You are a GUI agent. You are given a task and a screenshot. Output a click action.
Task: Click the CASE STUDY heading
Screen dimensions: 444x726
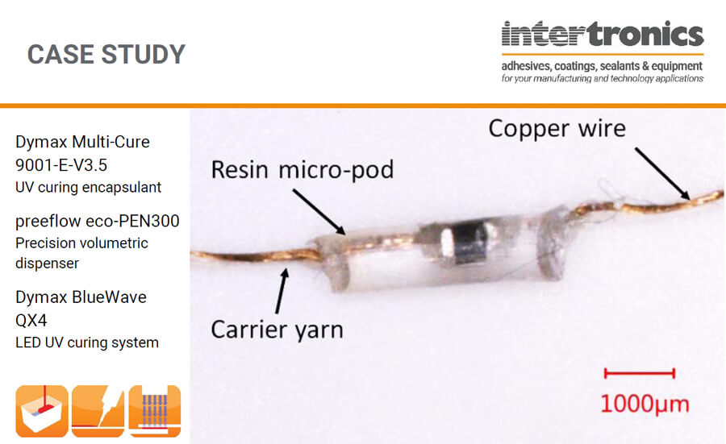point(106,54)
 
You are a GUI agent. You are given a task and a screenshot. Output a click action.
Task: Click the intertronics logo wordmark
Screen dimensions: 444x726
point(602,35)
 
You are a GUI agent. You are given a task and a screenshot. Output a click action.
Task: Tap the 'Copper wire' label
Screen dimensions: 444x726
point(557,128)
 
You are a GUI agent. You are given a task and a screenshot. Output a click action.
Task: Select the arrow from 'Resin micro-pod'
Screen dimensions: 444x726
point(319,212)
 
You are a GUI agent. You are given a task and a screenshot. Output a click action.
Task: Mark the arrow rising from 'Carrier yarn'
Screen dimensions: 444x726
point(281,291)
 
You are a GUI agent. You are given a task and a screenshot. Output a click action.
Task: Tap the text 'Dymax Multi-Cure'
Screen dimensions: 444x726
point(82,143)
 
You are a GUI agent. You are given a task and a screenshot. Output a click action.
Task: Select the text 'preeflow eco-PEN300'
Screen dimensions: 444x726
point(97,221)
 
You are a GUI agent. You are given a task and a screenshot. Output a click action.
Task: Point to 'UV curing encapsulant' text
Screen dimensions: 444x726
point(88,188)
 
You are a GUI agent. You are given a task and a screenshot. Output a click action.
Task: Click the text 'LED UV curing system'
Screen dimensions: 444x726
point(87,342)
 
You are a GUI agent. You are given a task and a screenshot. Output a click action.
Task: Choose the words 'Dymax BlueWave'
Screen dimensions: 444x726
point(81,297)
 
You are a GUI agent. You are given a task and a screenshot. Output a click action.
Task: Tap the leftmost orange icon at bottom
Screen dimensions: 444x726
point(41,411)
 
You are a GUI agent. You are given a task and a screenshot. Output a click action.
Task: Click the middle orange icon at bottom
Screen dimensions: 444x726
point(98,411)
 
